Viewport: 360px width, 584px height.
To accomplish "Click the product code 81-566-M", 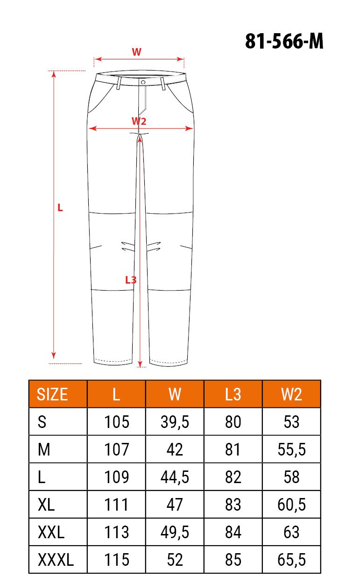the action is pos(284,41).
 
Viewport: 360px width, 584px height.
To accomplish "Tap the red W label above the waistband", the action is pos(136,52).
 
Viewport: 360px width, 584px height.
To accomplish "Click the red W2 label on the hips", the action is pos(139,121).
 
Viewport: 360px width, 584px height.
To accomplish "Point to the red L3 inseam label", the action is pos(131,280).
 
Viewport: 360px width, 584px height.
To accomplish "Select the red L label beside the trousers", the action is pos(60,208).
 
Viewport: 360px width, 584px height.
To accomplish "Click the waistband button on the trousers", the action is pos(143,82).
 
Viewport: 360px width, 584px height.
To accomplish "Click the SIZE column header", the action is pos(52,394).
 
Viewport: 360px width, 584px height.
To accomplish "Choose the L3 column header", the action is pos(233,394).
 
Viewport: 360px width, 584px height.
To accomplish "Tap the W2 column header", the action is pos(291,394).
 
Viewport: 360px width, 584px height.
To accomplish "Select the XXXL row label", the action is pos(56,560).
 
